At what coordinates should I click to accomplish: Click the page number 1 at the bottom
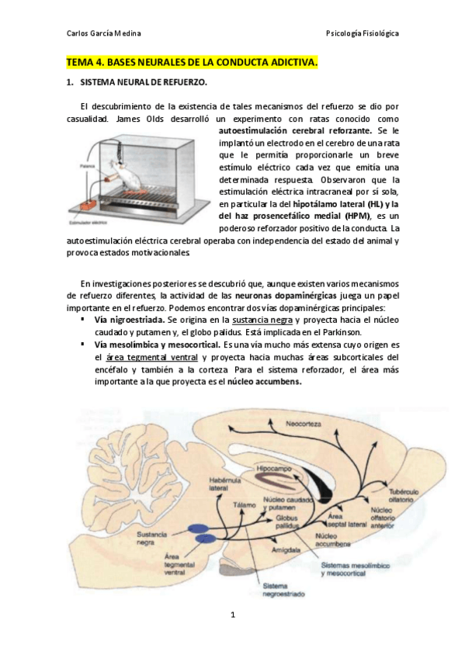(232, 615)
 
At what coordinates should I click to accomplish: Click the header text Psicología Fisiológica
(363, 34)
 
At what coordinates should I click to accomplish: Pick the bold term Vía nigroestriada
(129, 319)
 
